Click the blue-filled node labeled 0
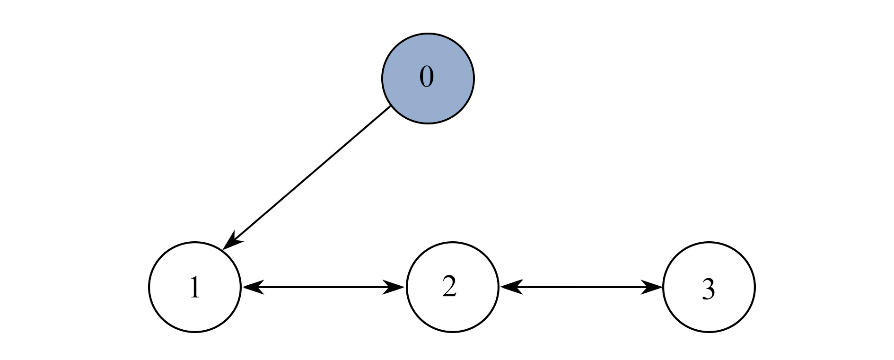[428, 78]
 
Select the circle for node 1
[195, 287]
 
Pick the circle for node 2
[452, 287]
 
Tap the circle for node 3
[709, 287]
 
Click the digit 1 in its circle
[194, 288]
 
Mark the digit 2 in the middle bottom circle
[449, 287]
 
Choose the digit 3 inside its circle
[708, 290]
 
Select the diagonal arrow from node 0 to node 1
[307, 177]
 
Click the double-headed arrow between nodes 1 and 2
[324, 287]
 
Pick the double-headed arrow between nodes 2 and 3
[581, 287]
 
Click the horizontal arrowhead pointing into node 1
[253, 287]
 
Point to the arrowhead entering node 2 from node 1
[394, 287]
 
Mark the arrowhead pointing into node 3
[652, 287]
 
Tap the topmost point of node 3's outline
[709, 241]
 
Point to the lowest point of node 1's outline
[195, 332]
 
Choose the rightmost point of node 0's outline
[473, 78]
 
